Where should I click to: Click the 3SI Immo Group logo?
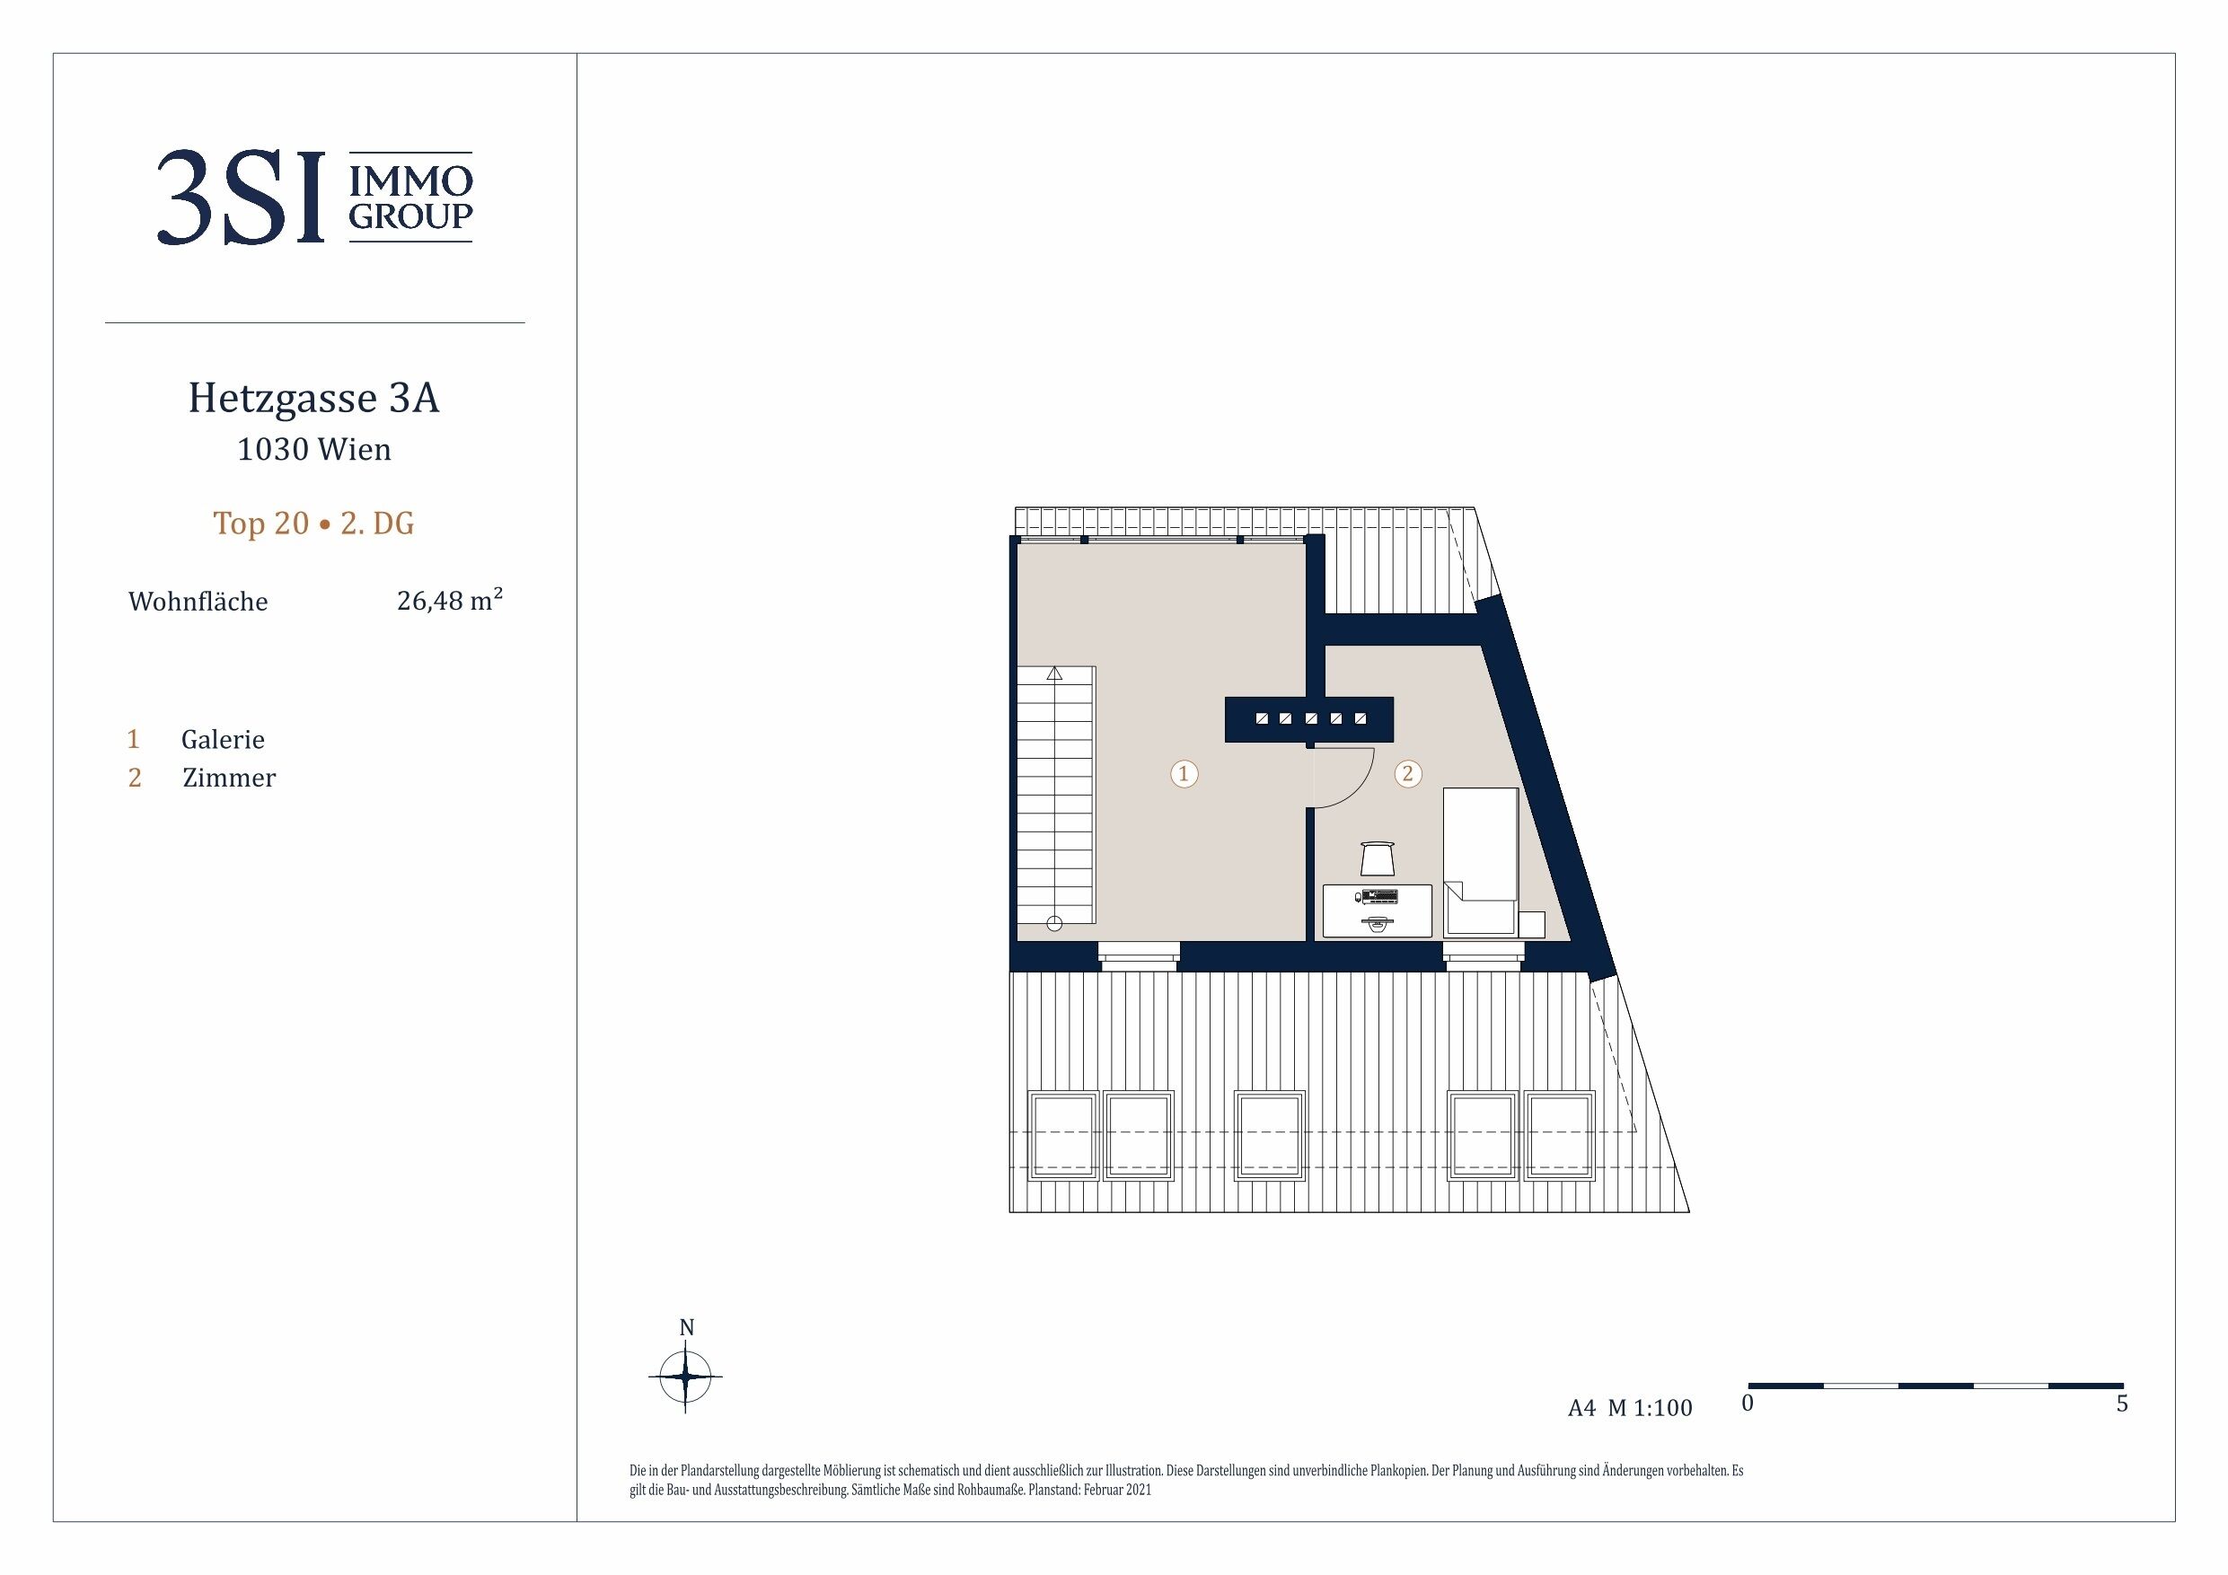[x=314, y=197]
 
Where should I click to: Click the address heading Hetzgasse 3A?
[x=313, y=398]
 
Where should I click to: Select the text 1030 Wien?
[x=314, y=449]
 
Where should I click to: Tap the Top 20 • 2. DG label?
[x=313, y=524]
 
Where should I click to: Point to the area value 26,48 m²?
[x=449, y=601]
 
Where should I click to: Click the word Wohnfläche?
[x=198, y=602]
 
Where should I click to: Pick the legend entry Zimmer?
[x=229, y=779]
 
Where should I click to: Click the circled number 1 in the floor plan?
[x=1184, y=773]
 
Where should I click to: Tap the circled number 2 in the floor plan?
[x=1408, y=773]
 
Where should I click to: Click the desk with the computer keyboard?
[x=1378, y=911]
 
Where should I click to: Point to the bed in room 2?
[x=1481, y=861]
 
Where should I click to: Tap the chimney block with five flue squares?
[x=1309, y=720]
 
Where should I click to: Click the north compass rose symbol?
[x=686, y=1375]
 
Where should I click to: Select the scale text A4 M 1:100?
[x=1630, y=1408]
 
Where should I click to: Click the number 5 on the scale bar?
[x=2122, y=1404]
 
